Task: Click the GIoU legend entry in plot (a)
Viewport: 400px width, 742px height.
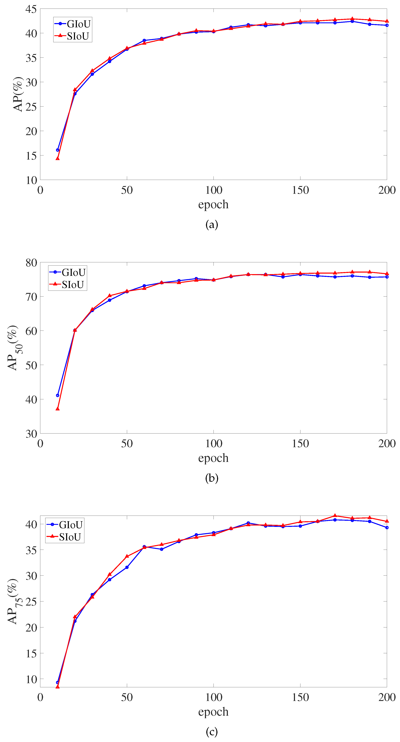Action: (x=73, y=24)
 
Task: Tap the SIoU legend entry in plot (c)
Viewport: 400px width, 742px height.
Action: (x=65, y=537)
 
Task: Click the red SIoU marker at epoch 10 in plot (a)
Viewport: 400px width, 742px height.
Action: (x=58, y=158)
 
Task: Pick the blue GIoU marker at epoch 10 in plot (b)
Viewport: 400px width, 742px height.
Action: (x=58, y=395)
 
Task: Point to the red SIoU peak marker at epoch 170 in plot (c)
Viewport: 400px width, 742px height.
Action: (x=335, y=516)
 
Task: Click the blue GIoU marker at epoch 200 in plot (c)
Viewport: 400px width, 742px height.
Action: (x=387, y=527)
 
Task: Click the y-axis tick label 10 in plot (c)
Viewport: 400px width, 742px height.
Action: (x=31, y=679)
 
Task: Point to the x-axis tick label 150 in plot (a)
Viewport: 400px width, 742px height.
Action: (x=300, y=190)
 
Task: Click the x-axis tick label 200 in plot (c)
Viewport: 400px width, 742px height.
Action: (x=387, y=697)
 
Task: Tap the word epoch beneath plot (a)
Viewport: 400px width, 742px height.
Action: (x=213, y=205)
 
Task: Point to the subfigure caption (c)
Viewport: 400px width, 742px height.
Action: (x=212, y=732)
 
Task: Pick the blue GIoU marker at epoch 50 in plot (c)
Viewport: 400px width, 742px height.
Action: (x=127, y=567)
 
